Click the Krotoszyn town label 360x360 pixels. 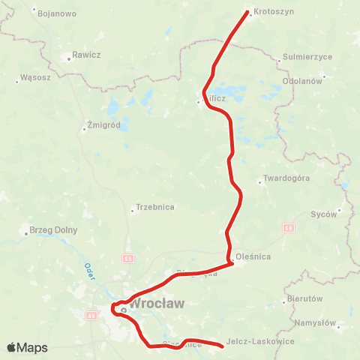[274, 13]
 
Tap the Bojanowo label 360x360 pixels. [56, 13]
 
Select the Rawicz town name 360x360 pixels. [86, 55]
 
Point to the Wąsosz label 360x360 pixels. [35, 77]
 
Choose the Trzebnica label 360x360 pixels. [156, 208]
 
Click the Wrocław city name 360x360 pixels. [157, 304]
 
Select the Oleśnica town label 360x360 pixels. [253, 256]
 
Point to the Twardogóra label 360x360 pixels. [284, 180]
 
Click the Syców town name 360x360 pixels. [324, 214]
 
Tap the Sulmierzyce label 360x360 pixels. [303, 57]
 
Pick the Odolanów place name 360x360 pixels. [302, 80]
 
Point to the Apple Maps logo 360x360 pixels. [27, 347]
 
